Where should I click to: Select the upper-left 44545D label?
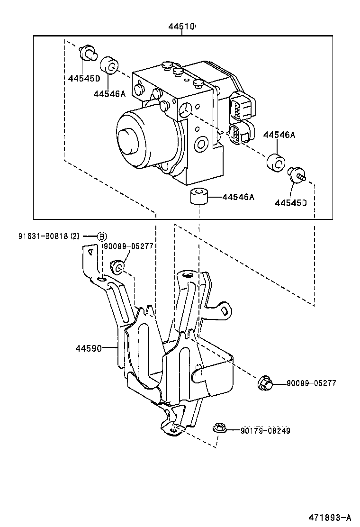click(84, 78)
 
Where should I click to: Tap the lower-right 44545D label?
click(291, 203)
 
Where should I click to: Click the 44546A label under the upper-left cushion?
click(109, 93)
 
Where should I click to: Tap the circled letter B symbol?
click(102, 236)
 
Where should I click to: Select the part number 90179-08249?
click(265, 430)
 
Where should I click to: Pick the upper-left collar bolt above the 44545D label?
click(88, 53)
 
